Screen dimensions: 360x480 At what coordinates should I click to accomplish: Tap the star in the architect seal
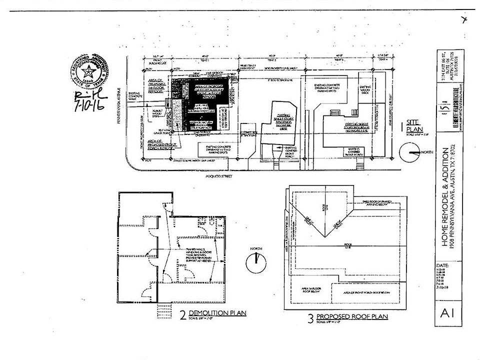(88, 70)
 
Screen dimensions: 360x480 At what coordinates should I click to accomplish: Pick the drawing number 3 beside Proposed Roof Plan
(310, 318)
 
